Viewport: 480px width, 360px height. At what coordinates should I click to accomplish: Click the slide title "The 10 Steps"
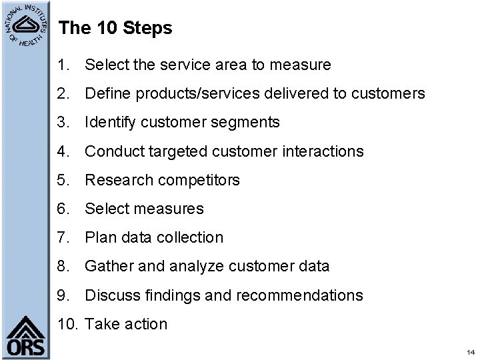[115, 29]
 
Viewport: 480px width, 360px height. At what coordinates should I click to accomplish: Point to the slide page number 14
[470, 351]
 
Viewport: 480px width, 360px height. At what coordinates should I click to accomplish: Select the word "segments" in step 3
[247, 123]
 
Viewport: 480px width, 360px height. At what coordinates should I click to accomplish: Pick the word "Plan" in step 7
[100, 237]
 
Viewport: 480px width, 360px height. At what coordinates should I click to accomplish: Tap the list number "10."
[69, 324]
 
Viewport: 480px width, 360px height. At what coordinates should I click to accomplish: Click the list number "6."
[63, 209]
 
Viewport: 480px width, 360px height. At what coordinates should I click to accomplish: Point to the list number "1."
[63, 65]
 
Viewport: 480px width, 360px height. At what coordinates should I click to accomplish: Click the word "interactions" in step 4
[321, 151]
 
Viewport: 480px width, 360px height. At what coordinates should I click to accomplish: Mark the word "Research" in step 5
[117, 180]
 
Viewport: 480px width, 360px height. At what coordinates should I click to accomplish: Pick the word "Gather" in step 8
[109, 266]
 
